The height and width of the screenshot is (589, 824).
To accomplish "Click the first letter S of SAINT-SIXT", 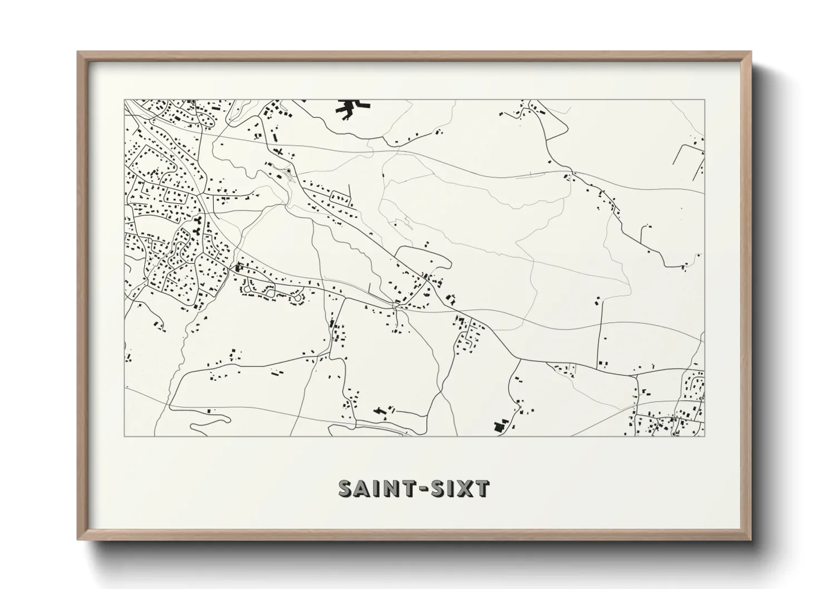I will pyautogui.click(x=347, y=488).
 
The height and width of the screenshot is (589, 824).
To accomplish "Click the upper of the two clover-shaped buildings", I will pyautogui.click(x=197, y=221).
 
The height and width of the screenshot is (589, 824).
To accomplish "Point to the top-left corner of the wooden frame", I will pyautogui.click(x=78, y=52).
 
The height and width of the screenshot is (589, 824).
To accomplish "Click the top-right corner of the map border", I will pyautogui.click(x=704, y=100).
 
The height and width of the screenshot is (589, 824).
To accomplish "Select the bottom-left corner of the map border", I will pyautogui.click(x=125, y=436).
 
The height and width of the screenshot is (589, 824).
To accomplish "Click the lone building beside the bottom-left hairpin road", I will pyautogui.click(x=209, y=410).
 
